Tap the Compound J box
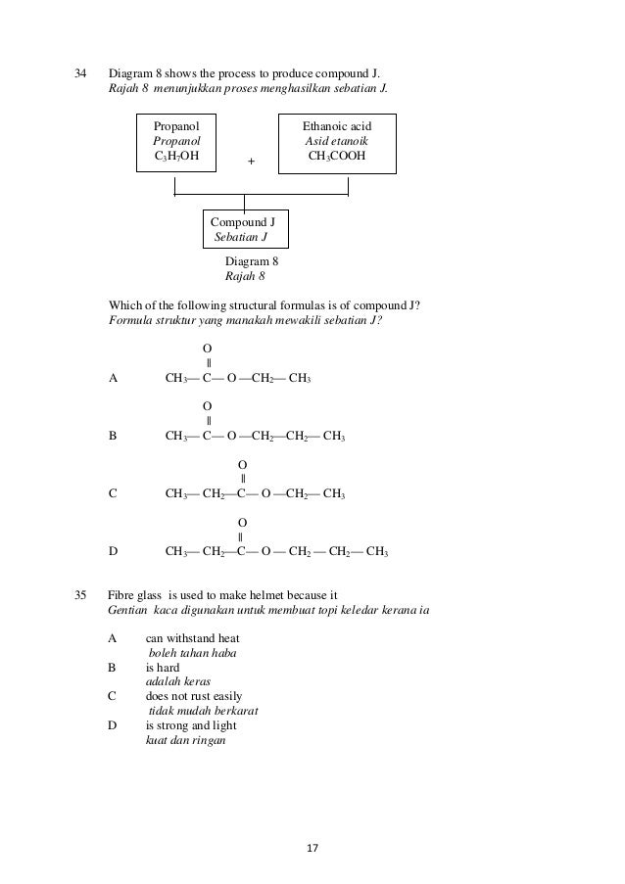pos(244,229)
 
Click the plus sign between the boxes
pos(251,162)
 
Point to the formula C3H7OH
pos(176,157)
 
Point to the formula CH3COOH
pos(337,157)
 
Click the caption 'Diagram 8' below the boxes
pos(252,261)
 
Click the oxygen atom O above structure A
pos(207,349)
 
